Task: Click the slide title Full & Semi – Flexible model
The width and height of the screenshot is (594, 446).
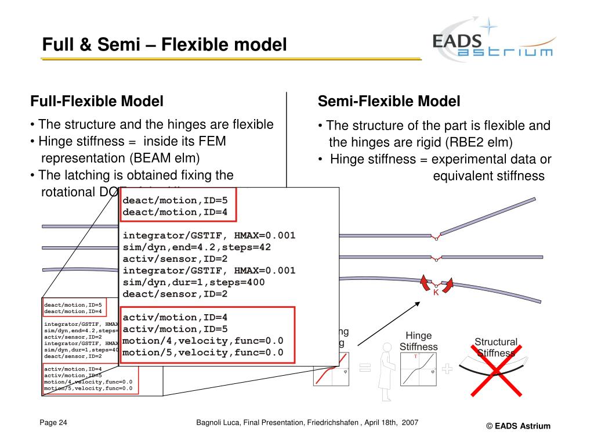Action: [165, 44]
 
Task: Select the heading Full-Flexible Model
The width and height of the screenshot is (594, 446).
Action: [97, 102]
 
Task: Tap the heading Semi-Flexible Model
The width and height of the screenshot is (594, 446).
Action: [389, 102]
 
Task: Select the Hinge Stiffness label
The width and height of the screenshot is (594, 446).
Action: [418, 341]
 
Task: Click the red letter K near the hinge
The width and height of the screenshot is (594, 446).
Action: [436, 293]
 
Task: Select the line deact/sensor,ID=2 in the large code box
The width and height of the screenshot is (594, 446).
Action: [175, 294]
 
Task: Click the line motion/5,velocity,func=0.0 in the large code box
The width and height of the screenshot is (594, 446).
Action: [203, 353]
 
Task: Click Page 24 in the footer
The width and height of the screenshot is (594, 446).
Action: [53, 422]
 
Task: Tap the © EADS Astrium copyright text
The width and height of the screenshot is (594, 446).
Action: [518, 426]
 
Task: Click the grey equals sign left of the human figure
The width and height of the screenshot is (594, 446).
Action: [364, 367]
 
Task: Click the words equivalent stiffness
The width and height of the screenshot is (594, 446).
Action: [488, 176]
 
